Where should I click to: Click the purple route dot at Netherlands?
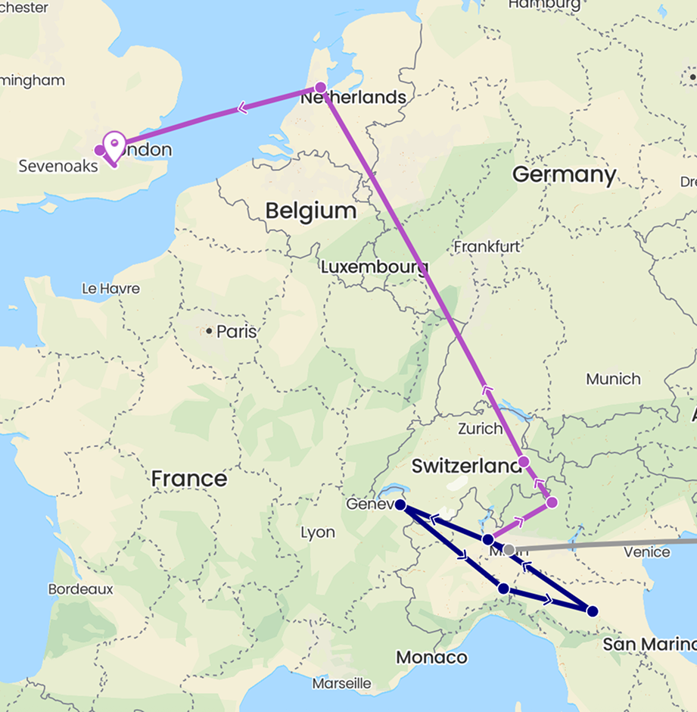point(320,87)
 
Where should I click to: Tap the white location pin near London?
point(114,144)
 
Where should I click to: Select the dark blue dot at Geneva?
point(400,504)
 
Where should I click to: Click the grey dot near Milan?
point(509,549)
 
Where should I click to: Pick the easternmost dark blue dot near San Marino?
point(593,611)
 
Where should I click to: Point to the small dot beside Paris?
point(209,331)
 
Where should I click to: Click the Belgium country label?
point(310,211)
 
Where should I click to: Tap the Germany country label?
point(564,175)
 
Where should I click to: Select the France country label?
point(188,479)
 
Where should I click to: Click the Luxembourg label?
point(374,267)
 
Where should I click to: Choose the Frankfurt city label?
point(487,246)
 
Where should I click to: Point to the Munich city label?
point(613,379)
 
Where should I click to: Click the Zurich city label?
point(479,429)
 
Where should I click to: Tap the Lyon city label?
point(318,532)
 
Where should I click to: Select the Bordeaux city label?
point(80,589)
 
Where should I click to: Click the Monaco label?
point(431,657)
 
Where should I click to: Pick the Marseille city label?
point(341,684)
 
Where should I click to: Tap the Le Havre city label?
point(111,289)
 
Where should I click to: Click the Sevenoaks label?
point(58,166)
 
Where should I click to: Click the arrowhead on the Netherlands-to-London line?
point(242,108)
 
